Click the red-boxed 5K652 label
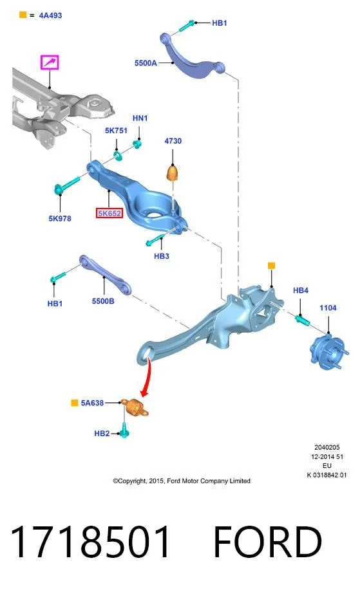tap(109, 214)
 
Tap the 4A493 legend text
tap(50, 15)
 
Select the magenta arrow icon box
tap(50, 62)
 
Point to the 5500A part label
tap(146, 63)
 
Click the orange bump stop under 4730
tap(173, 173)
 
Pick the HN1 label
tap(140, 118)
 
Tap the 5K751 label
tap(116, 131)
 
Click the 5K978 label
tap(60, 218)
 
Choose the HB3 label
tap(161, 256)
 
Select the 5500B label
tap(103, 301)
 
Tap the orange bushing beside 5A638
tap(135, 407)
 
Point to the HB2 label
tap(102, 434)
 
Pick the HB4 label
tap(301, 290)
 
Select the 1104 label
tap(328, 308)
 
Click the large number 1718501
tap(91, 542)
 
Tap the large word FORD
tap(268, 542)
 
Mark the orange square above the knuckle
tap(271, 266)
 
